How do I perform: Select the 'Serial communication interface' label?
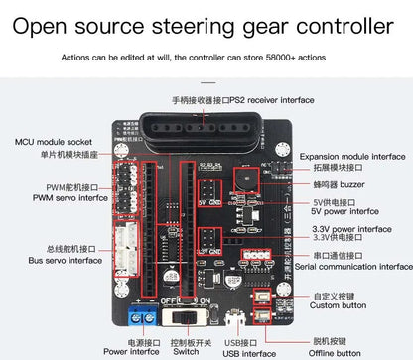354,266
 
